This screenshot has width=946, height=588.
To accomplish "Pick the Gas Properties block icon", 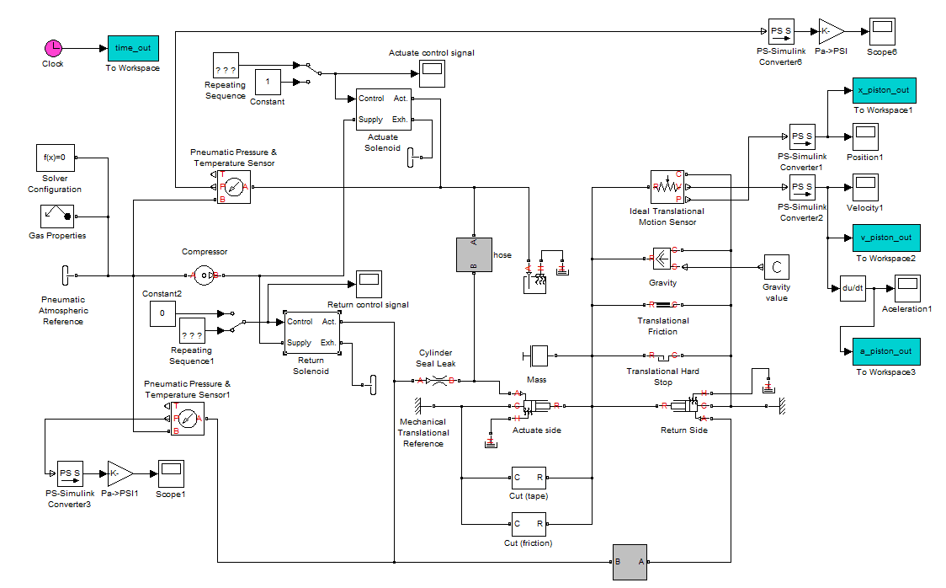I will tap(56, 216).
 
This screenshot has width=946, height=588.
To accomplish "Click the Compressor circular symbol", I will tap(203, 275).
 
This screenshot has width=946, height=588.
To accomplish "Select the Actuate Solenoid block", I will tap(383, 110).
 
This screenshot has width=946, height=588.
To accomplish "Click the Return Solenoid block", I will tap(311, 332).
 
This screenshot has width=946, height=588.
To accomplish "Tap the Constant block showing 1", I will tap(268, 82).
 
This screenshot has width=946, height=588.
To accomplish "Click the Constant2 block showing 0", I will tap(162, 314).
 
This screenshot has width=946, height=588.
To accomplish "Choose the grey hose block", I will tap(472, 254).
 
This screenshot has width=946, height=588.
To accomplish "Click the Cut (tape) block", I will tap(528, 478).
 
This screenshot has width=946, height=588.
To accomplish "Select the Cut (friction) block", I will tap(528, 524).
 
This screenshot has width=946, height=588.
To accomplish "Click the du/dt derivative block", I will tap(853, 288).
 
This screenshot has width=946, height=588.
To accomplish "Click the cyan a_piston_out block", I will tap(884, 351).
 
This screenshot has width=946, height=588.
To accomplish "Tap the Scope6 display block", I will tap(882, 31).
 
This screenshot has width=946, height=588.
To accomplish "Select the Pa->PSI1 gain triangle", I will tap(120, 473).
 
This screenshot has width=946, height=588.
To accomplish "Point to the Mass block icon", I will tap(536, 355).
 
